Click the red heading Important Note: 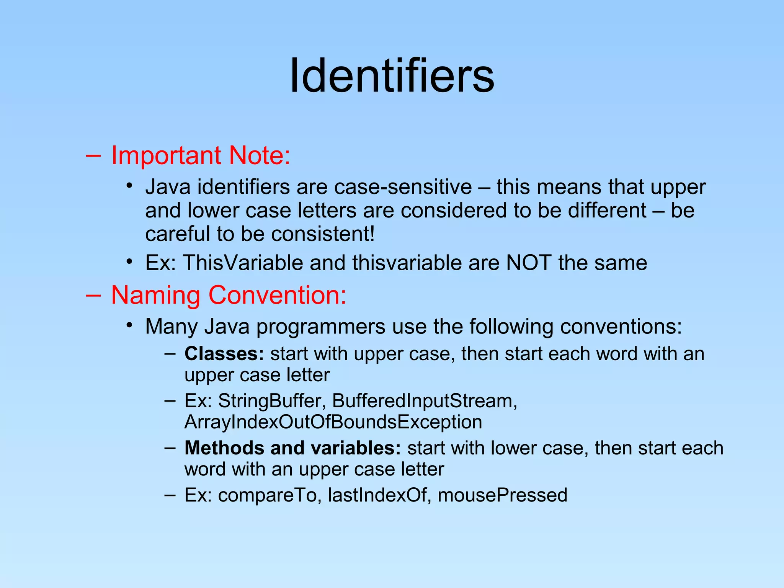pyautogui.click(x=201, y=156)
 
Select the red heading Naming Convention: pyautogui.click(x=229, y=296)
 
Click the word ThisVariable pyautogui.click(x=243, y=263)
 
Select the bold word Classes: pyautogui.click(x=224, y=354)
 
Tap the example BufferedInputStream pyautogui.click(x=424, y=401)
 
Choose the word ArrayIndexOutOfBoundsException pyautogui.click(x=333, y=422)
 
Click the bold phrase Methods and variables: pyautogui.click(x=292, y=448)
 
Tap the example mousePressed pyautogui.click(x=502, y=495)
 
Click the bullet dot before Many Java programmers pyautogui.click(x=130, y=325)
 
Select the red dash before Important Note pyautogui.click(x=93, y=156)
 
